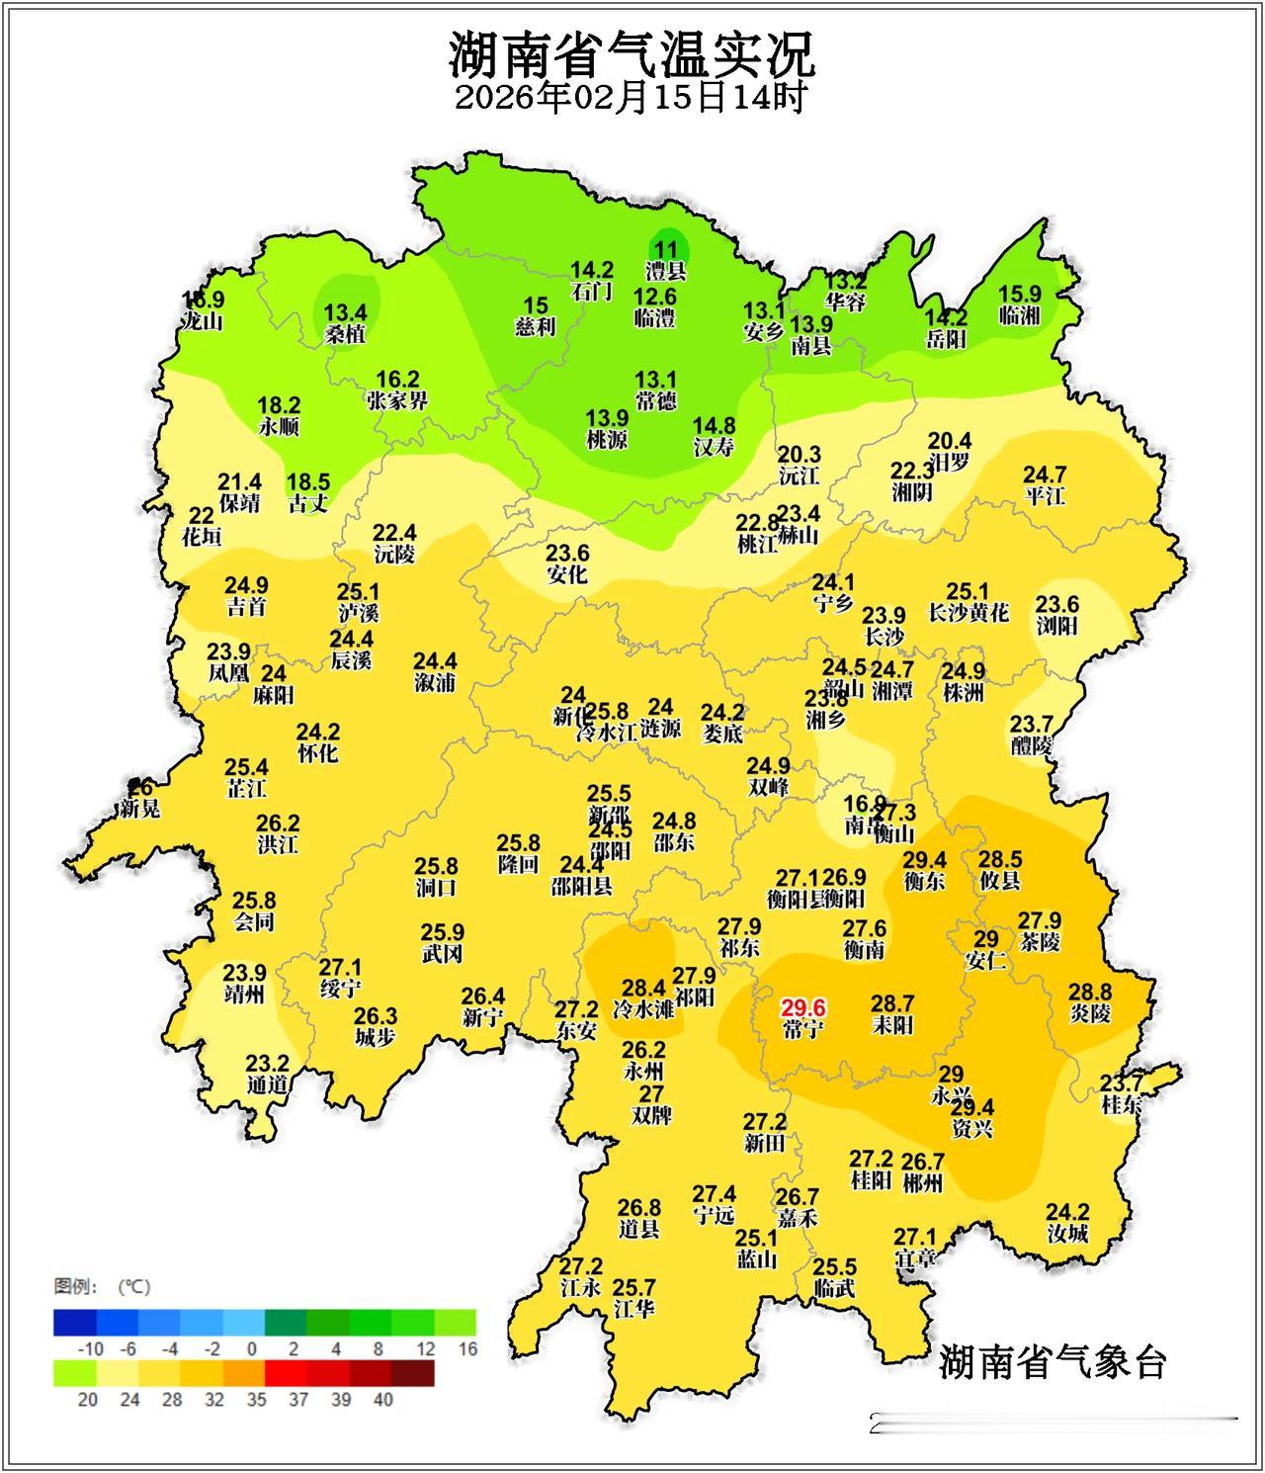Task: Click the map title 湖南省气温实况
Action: (632, 54)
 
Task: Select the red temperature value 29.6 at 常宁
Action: (802, 1007)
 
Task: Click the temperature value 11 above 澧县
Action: (667, 250)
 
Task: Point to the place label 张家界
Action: (397, 400)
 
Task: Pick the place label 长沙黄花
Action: (969, 613)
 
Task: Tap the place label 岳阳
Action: (946, 339)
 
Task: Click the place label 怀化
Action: (317, 753)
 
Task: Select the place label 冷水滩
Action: (643, 1009)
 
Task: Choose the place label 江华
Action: (633, 1309)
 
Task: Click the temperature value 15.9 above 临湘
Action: (1020, 294)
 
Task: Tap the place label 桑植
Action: (345, 334)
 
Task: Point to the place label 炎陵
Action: (1090, 1013)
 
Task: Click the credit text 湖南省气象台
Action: (1053, 1361)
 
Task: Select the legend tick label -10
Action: (90, 1349)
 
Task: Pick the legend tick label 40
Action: (383, 1400)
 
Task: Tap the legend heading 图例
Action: (75, 1286)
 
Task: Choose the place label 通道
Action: (267, 1084)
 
